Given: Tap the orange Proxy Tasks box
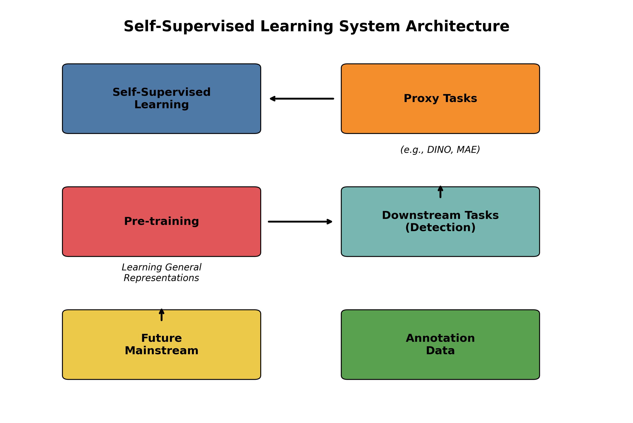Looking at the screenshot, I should click(x=440, y=119).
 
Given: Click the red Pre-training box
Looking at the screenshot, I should click(x=161, y=240).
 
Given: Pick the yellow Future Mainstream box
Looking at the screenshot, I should click(x=161, y=367).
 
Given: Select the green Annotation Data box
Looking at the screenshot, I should click(x=440, y=367).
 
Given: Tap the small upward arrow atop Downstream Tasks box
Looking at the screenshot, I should click(x=440, y=192).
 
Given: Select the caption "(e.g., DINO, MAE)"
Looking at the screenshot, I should click(x=440, y=150).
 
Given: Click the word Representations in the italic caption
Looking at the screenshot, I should click(x=161, y=278).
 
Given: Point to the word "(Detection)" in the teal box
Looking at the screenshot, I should click(x=440, y=227).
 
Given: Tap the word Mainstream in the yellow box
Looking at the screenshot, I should click(x=161, y=351).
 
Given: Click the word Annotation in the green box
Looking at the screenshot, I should click(x=440, y=338).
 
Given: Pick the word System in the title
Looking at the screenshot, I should click(x=369, y=27).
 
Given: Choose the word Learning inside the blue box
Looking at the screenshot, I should click(x=161, y=105).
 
